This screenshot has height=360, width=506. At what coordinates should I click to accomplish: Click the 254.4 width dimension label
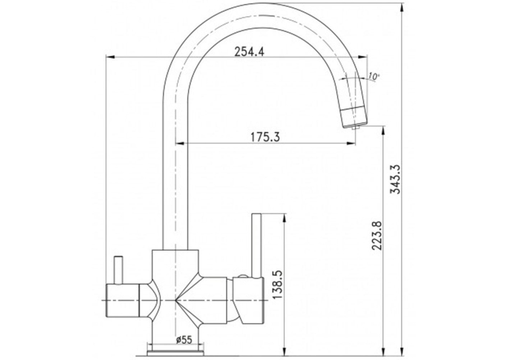coord(249,52)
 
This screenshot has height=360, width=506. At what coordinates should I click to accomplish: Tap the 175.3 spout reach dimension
coord(266,137)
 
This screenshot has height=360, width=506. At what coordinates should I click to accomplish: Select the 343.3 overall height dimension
coord(396,179)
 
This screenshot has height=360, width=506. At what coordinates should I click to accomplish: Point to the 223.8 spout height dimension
coord(377,236)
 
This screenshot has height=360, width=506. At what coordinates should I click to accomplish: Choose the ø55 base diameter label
coord(184,340)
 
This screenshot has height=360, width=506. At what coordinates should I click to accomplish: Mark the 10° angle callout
coord(373,77)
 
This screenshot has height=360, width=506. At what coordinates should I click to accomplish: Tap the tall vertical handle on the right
coord(256,246)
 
